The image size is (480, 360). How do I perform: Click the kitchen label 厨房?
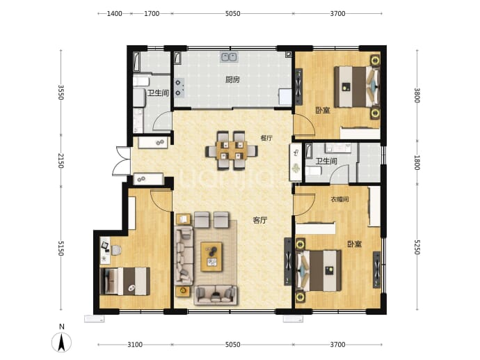(x=232, y=80)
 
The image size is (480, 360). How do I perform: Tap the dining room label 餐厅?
(x=266, y=138)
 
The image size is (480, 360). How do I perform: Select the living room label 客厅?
(x=260, y=220)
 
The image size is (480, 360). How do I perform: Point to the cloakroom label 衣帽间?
(x=339, y=199)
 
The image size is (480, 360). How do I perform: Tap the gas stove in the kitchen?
(x=179, y=87)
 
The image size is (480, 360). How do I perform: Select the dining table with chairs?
(x=232, y=150)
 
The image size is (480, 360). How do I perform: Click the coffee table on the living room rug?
(x=211, y=257)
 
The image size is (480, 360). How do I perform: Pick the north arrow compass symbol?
(x=61, y=339)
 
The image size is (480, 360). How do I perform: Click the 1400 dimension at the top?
(x=115, y=13)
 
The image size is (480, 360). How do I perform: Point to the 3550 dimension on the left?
(x=61, y=92)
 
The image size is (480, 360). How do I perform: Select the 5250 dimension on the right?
(x=417, y=247)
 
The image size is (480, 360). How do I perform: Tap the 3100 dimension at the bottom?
(x=135, y=345)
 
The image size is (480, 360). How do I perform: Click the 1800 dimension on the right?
(x=417, y=163)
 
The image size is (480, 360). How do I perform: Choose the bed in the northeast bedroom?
(x=357, y=87)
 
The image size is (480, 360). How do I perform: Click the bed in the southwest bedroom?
(x=125, y=281)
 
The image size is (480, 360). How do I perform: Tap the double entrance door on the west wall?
(x=121, y=161)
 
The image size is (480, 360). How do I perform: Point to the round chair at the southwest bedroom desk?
(x=116, y=250)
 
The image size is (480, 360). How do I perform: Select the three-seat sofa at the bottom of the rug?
(x=216, y=295)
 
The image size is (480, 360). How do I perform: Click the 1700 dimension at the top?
(x=152, y=13)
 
